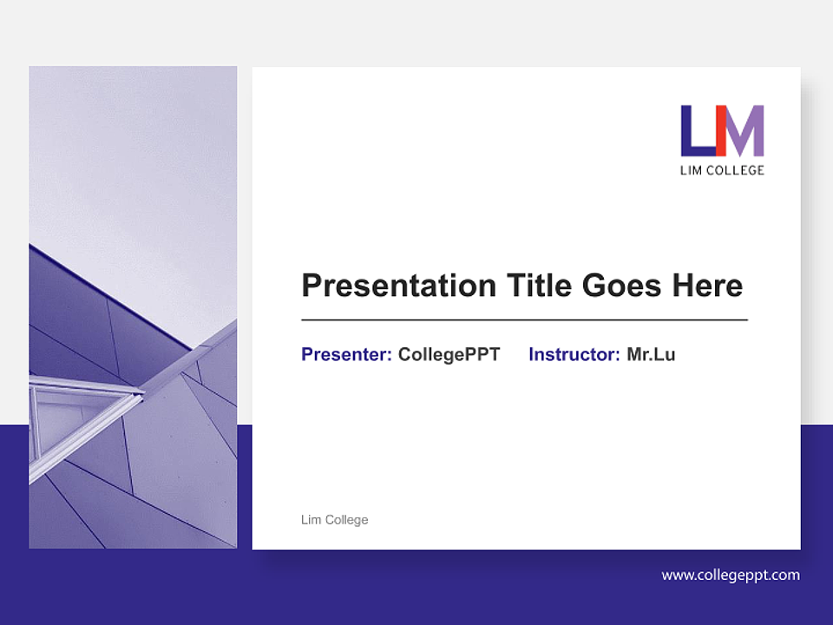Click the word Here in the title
tap(710, 286)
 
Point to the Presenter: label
tap(346, 354)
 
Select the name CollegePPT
tap(449, 354)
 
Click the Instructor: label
tap(574, 354)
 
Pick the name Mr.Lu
tap(651, 354)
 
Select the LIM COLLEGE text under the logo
tap(722, 170)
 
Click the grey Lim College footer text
tap(334, 520)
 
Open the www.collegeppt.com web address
tap(731, 575)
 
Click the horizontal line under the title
tap(524, 320)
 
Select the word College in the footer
tap(347, 520)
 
